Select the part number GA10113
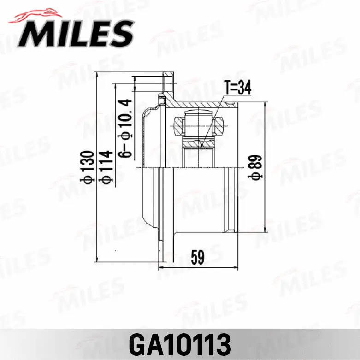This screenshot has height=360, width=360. click(180, 343)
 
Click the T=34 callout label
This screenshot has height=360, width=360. click(237, 88)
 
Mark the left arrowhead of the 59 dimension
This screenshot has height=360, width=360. click(161, 267)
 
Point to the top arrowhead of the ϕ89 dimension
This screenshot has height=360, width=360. click(265, 106)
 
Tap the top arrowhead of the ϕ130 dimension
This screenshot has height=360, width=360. click(97, 75)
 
